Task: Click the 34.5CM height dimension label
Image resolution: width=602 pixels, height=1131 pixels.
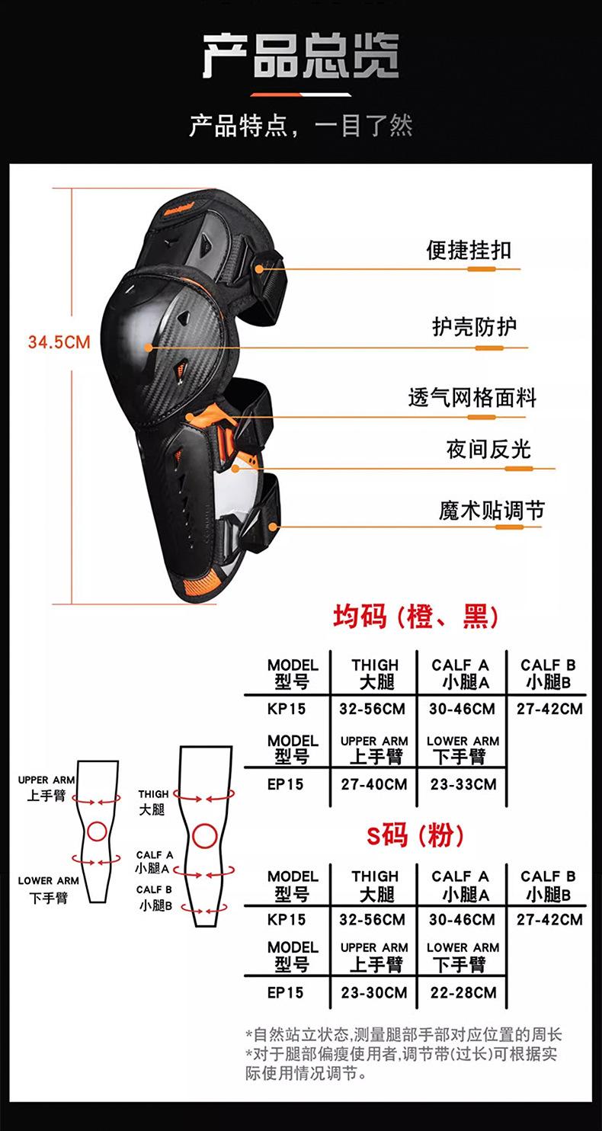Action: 59,342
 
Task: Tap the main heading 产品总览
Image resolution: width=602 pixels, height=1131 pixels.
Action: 301,56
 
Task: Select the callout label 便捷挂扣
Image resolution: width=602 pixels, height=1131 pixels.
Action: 469,250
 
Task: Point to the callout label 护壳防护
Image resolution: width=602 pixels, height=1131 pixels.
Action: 474,327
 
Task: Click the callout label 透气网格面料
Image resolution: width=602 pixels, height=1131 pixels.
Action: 472,398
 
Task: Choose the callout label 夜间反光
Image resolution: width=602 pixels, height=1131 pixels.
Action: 488,449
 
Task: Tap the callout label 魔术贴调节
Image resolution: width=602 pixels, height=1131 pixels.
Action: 492,510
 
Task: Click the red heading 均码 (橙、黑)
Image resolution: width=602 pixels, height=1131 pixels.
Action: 416,616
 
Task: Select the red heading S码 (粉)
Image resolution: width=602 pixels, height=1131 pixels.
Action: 415,835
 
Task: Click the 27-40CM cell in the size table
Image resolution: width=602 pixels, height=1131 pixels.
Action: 373,784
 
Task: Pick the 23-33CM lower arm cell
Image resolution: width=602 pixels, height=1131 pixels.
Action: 462,784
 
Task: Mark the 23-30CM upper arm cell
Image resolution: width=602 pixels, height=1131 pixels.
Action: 373,993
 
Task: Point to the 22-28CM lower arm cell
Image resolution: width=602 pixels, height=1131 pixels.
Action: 462,993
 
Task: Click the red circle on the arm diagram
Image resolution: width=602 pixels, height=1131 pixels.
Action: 97,830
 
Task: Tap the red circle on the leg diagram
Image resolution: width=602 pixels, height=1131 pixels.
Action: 204,836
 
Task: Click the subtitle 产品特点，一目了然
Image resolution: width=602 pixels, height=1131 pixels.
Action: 301,125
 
